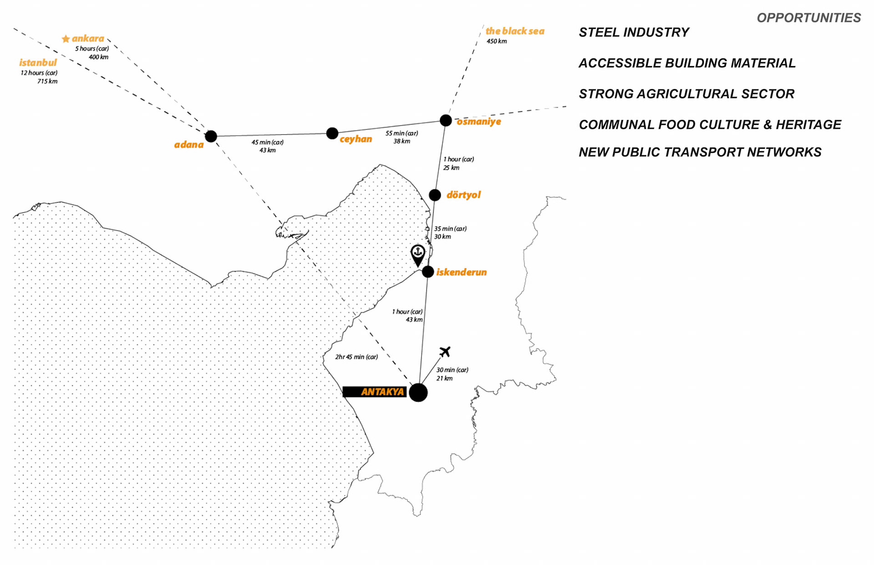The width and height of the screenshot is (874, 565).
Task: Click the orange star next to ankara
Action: (x=66, y=39)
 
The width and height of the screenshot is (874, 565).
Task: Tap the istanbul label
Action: (x=38, y=63)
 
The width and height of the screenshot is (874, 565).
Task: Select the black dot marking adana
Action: (x=211, y=136)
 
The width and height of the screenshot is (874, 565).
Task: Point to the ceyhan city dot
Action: (x=332, y=133)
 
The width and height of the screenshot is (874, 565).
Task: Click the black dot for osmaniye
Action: (x=446, y=120)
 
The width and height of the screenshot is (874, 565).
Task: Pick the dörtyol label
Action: (x=463, y=195)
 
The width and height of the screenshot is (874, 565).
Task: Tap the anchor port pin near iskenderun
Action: (x=418, y=254)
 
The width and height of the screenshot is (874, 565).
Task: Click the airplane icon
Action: (x=445, y=352)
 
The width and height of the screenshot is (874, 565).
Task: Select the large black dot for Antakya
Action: (x=418, y=392)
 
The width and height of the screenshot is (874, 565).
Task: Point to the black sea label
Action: (x=515, y=31)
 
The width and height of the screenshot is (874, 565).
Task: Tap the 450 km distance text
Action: (x=497, y=41)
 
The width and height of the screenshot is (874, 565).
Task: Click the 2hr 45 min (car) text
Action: (x=356, y=357)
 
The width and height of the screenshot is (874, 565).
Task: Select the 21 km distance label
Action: (x=444, y=378)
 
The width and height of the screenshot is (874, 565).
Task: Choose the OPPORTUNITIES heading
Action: (x=808, y=18)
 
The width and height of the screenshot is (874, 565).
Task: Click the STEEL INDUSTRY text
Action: (x=634, y=32)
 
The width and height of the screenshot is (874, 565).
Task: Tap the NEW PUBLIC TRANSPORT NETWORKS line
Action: (x=700, y=152)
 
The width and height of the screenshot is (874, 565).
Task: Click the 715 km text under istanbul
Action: (x=47, y=81)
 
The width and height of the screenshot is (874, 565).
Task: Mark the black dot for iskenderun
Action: (x=428, y=272)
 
